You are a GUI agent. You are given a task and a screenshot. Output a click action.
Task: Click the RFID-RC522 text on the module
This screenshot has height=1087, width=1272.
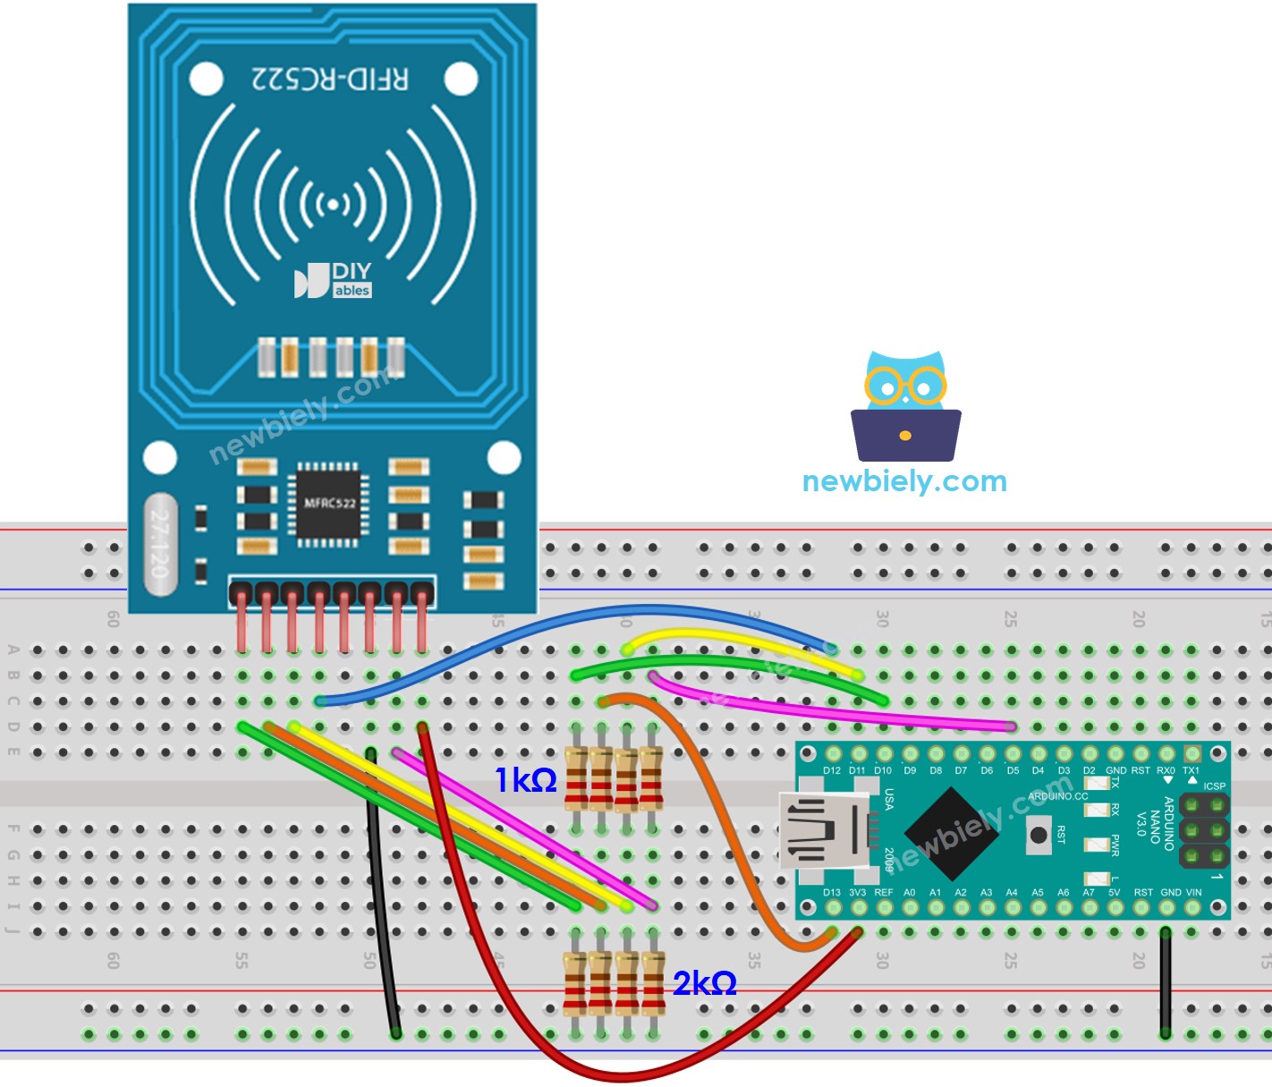(329, 80)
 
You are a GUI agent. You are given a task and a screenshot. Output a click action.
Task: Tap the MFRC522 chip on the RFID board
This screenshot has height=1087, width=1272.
(328, 504)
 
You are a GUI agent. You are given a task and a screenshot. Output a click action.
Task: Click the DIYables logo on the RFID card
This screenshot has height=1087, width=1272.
(333, 280)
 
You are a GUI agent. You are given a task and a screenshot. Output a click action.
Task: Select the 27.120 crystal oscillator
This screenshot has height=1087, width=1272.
(160, 544)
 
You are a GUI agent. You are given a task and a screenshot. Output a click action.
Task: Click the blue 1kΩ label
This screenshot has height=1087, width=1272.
(526, 780)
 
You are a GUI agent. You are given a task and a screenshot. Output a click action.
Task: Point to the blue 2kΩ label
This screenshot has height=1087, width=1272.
(704, 983)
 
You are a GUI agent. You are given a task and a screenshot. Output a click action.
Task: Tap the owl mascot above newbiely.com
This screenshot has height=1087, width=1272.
(905, 406)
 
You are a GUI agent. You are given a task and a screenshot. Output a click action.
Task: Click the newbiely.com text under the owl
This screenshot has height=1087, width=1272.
(904, 481)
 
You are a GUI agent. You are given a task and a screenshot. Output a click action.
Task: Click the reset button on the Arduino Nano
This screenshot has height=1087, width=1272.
(1039, 835)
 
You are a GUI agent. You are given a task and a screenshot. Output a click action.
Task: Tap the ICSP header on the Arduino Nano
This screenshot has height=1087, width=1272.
(1204, 831)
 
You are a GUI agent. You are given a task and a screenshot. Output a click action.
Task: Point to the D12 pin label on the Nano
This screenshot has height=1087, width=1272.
(832, 770)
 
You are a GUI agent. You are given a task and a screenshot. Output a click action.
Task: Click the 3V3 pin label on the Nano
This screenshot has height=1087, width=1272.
(857, 893)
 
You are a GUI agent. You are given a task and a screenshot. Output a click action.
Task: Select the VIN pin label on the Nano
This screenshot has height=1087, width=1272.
(1193, 893)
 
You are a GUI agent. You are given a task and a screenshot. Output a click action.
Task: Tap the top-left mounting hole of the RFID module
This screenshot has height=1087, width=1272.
(206, 80)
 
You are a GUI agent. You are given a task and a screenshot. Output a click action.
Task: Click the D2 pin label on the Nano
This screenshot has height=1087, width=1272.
(1089, 770)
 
